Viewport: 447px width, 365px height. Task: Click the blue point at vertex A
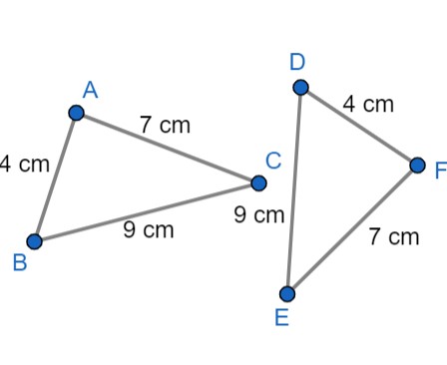[x=76, y=112]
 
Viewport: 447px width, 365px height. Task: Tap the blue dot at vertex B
[x=35, y=241]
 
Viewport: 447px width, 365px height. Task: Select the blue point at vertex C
[x=258, y=182]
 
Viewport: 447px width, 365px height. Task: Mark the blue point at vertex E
[x=287, y=293]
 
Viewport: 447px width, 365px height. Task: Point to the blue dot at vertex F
[x=417, y=165]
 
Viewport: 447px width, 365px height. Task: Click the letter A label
[x=90, y=91]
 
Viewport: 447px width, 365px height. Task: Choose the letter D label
[x=297, y=63]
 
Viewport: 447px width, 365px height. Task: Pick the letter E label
[x=281, y=318]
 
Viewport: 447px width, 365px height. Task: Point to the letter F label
[x=439, y=169]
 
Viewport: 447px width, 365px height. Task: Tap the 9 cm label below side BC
[x=148, y=230]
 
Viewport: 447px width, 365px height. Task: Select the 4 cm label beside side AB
[x=22, y=165]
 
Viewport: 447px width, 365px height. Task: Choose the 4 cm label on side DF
[x=368, y=104]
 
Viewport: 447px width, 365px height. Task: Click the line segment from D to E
[x=294, y=190]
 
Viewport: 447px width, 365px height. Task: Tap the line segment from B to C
[x=147, y=211]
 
